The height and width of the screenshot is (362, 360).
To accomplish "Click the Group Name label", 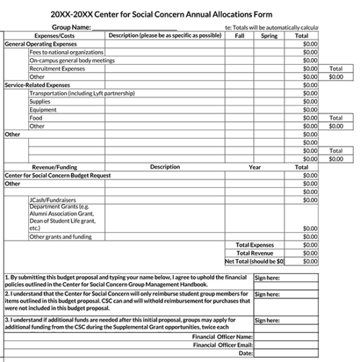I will (x=71, y=27).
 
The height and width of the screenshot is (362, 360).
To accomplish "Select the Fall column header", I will (x=239, y=36).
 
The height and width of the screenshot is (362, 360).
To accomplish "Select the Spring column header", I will (x=268, y=36).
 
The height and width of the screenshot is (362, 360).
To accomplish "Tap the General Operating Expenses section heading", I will (x=41, y=44).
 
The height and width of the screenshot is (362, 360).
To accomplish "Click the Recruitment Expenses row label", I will (x=57, y=68).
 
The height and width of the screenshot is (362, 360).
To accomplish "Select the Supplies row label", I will (x=39, y=101).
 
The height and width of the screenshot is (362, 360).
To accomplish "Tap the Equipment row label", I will (x=43, y=110).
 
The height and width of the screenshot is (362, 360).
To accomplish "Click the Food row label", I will (x=36, y=118).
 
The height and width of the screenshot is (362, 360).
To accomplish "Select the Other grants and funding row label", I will (x=60, y=236).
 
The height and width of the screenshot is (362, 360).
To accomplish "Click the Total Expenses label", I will (x=255, y=245).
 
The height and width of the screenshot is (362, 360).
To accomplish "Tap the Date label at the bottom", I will (x=245, y=353).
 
